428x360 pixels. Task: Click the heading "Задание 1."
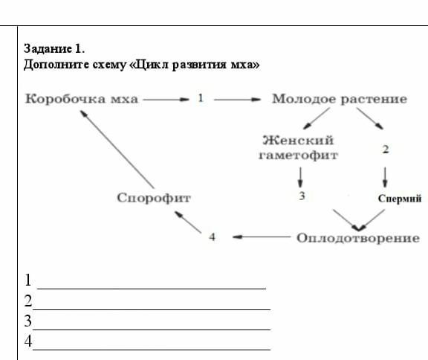[x=54, y=49]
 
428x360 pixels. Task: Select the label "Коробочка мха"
[x=81, y=99]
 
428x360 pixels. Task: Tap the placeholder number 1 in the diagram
[x=201, y=98]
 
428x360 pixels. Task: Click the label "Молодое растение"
[x=340, y=99]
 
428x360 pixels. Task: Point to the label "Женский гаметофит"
[x=299, y=147]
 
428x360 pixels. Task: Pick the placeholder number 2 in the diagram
[x=386, y=150]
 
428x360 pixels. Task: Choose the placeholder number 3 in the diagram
[x=302, y=196]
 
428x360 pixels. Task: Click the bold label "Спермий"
[x=400, y=199]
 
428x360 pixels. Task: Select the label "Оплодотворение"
[x=358, y=238]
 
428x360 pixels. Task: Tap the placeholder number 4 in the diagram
[x=212, y=237]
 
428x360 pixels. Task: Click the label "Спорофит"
[x=154, y=198]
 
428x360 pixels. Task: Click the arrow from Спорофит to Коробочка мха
[x=117, y=149]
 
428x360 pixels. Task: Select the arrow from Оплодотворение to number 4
[x=262, y=237]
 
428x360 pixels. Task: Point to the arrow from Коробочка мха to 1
[x=166, y=100]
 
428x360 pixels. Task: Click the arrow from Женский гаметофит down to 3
[x=300, y=177]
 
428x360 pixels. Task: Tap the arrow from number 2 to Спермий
[x=385, y=177]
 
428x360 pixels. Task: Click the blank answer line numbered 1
[x=152, y=289]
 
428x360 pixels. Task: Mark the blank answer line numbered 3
[x=152, y=330]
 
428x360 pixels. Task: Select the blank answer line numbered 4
[x=152, y=350]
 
